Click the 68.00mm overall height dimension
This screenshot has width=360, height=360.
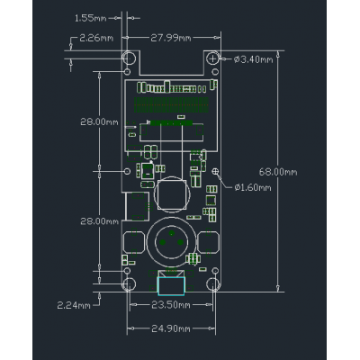pyautogui.click(x=277, y=170)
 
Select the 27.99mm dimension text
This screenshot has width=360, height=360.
pyautogui.click(x=170, y=37)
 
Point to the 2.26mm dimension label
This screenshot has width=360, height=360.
pyautogui.click(x=96, y=39)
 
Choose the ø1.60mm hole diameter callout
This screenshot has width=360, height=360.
pyautogui.click(x=253, y=188)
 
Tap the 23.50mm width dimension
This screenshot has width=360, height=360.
pyautogui.click(x=170, y=305)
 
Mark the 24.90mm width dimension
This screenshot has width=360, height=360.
pyautogui.click(x=170, y=328)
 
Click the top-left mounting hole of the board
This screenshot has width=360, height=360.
pyautogui.click(x=130, y=58)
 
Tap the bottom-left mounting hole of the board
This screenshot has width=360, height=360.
pyautogui.click(x=130, y=284)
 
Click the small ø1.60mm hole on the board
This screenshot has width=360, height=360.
pyautogui.click(x=215, y=170)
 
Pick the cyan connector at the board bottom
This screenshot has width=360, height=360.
pyautogui.click(x=170, y=285)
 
